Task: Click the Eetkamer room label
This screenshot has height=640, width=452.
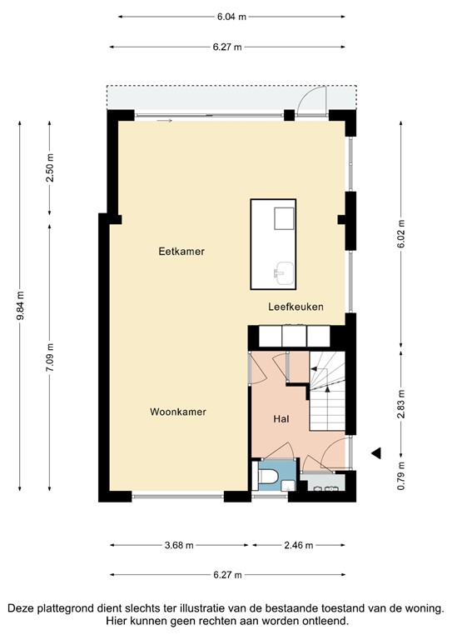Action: (x=181, y=251)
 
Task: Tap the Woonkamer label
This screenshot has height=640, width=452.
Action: (x=178, y=412)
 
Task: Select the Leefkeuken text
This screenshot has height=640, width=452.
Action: (x=295, y=307)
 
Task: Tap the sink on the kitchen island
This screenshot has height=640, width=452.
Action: (x=285, y=270)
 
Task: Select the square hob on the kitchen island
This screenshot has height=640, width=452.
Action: (x=285, y=217)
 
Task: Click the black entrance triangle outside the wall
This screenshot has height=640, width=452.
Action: (x=376, y=453)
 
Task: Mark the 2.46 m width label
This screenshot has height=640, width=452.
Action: (x=297, y=546)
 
